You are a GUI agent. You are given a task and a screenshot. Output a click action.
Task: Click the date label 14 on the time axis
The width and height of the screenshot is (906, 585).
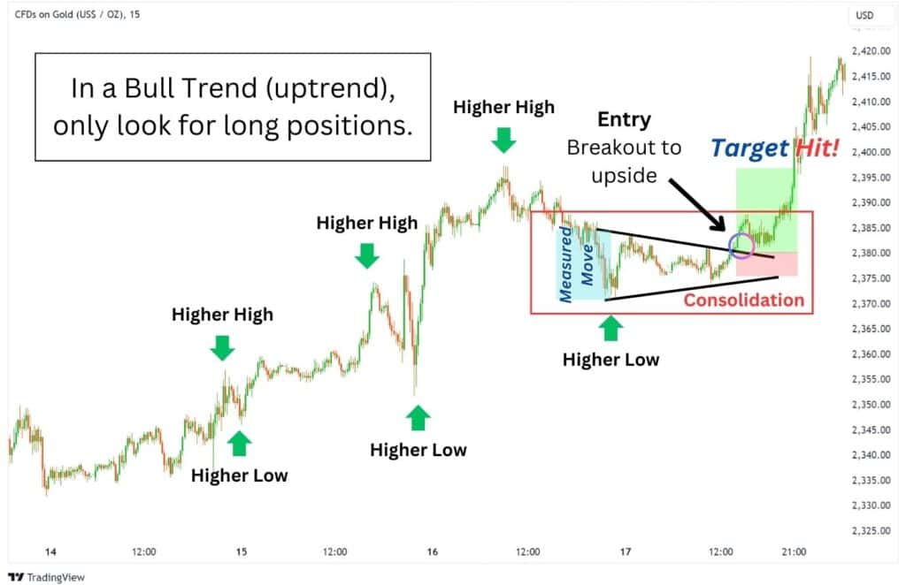pyautogui.click(x=50, y=551)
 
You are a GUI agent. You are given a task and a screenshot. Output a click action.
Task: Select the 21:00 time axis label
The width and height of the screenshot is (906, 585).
pyautogui.click(x=794, y=551)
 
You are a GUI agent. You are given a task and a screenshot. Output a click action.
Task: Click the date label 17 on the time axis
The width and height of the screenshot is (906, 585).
pyautogui.click(x=625, y=551)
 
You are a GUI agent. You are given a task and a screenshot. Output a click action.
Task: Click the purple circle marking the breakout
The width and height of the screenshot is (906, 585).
pyautogui.click(x=741, y=246)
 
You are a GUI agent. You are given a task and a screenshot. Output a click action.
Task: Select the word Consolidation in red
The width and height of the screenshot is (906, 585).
pyautogui.click(x=744, y=300)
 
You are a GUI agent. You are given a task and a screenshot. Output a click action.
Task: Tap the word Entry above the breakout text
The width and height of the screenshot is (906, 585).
pyautogui.click(x=624, y=119)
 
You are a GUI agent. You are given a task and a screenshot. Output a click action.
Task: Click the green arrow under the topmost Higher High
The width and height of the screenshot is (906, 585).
pyautogui.click(x=503, y=139)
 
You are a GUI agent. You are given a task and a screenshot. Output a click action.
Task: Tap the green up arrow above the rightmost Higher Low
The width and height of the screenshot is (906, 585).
pyautogui.click(x=610, y=329)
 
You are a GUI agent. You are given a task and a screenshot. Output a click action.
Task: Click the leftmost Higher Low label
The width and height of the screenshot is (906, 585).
pyautogui.click(x=239, y=475)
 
